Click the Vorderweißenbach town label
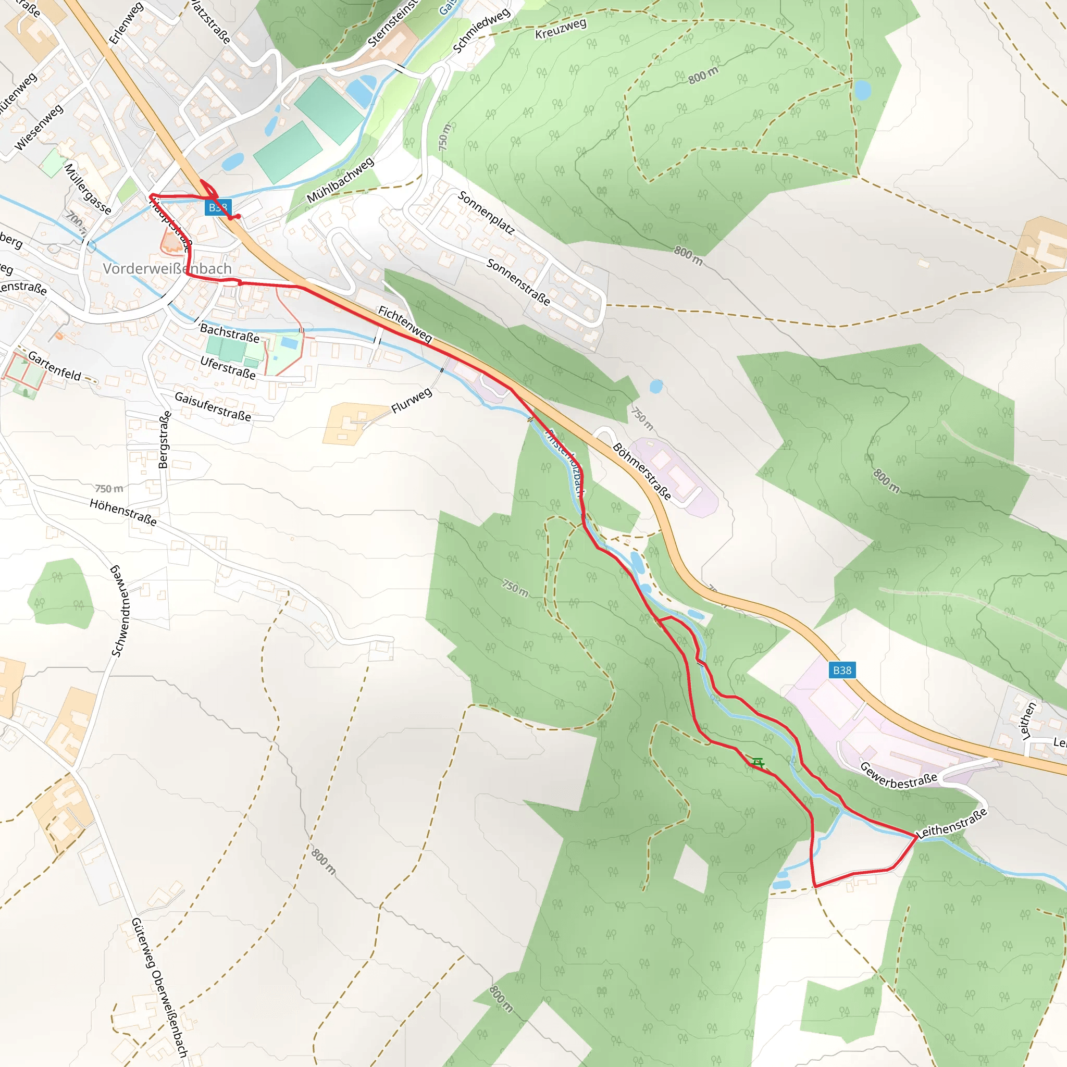pyautogui.click(x=167, y=269)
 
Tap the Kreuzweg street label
pyautogui.click(x=561, y=29)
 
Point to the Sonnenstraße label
pyautogui.click(x=518, y=282)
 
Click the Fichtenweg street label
pyautogui.click(x=405, y=324)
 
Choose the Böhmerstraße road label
pyautogui.click(x=642, y=472)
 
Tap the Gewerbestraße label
pyautogui.click(x=898, y=776)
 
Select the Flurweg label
pyautogui.click(x=412, y=401)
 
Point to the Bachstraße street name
pyautogui.click(x=229, y=333)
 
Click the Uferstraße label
pyautogui.click(x=228, y=368)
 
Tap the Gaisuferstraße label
pyautogui.click(x=213, y=406)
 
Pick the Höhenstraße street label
pyautogui.click(x=123, y=512)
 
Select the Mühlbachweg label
pyautogui.click(x=340, y=180)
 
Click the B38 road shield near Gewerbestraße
pyautogui.click(x=842, y=671)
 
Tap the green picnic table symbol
pyautogui.click(x=758, y=763)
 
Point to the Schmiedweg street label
pyautogui.click(x=481, y=31)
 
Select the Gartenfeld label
pyautogui.click(x=55, y=366)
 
